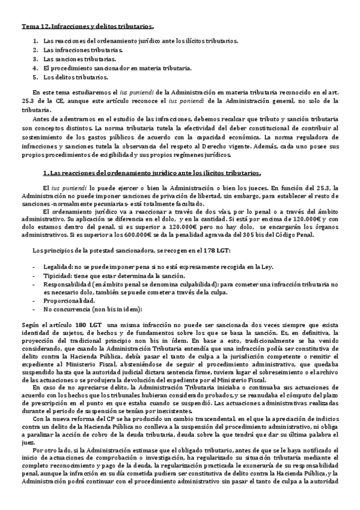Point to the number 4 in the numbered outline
[35, 68]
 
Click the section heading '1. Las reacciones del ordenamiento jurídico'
[148, 173]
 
